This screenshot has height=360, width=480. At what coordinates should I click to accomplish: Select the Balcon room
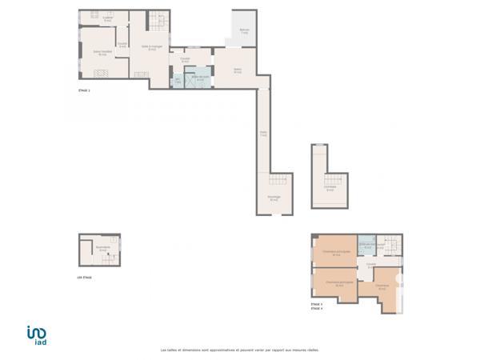243,32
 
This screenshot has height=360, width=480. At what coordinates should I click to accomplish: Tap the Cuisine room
107,18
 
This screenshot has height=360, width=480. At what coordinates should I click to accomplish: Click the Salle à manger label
152,47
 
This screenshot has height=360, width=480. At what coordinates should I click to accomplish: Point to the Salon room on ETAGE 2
237,70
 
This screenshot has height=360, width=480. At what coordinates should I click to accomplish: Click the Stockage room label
274,199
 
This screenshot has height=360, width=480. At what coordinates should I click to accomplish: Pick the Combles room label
330,190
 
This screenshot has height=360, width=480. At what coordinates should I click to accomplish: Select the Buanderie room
102,250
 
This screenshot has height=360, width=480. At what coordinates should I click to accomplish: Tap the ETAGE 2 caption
84,92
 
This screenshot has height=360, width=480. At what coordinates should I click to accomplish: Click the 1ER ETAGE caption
85,278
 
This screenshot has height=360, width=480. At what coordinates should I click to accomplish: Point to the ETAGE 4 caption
317,308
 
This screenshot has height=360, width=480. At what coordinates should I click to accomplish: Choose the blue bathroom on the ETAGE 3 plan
367,247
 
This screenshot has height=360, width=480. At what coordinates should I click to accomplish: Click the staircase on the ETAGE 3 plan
389,245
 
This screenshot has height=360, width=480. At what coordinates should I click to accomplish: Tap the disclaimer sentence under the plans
239,349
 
